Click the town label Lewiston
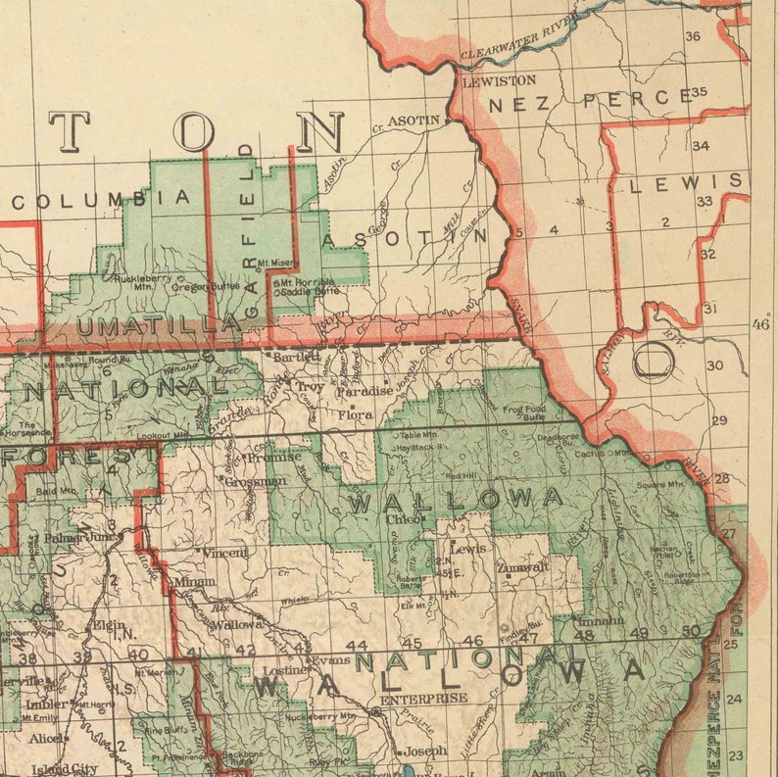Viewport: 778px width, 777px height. (499, 80)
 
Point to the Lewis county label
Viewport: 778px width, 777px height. (686, 183)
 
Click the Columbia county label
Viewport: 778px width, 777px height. (101, 199)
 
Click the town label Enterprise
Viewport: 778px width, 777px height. (423, 699)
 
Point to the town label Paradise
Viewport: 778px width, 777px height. (365, 391)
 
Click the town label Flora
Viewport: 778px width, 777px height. (356, 415)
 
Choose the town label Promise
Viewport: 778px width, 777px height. (273, 457)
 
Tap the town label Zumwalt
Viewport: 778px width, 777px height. (522, 566)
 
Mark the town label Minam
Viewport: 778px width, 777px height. (195, 582)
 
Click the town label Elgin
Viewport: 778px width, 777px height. (109, 625)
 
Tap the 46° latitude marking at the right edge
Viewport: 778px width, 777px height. (760, 324)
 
